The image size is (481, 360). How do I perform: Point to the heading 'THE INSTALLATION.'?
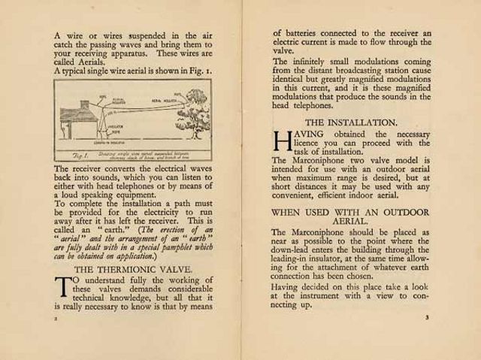coord(351,122)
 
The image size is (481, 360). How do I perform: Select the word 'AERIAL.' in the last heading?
coord(350,222)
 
